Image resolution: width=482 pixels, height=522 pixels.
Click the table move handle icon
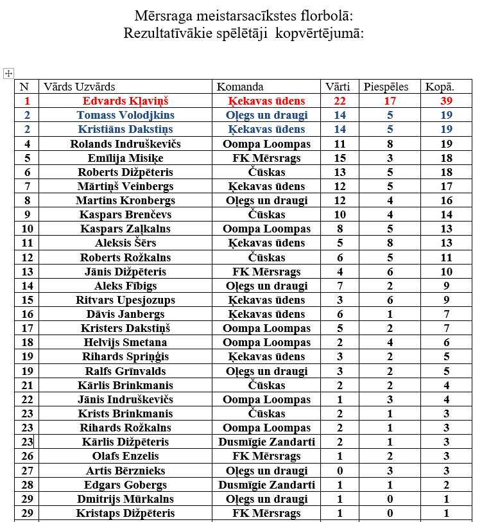pyautogui.click(x=8, y=73)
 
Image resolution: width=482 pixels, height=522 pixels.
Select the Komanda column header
pyautogui.click(x=240, y=87)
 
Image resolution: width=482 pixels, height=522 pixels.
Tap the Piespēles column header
pyautogui.click(x=386, y=87)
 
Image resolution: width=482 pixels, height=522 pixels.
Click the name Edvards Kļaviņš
pyautogui.click(x=125, y=101)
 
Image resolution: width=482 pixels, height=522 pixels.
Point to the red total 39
pyautogui.click(x=446, y=101)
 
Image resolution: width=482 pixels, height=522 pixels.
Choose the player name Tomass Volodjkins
pyautogui.click(x=125, y=115)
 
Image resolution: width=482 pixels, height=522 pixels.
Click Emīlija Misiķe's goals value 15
pyautogui.click(x=340, y=158)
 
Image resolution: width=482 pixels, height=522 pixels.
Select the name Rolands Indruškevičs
pyautogui.click(x=125, y=144)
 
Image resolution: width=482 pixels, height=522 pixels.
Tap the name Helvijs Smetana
pyautogui.click(x=125, y=342)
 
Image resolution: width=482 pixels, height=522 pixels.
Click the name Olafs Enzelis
pyautogui.click(x=125, y=456)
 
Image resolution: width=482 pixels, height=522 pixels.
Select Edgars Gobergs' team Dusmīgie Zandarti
pyautogui.click(x=266, y=485)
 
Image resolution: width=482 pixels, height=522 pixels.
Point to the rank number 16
pyautogui.click(x=27, y=314)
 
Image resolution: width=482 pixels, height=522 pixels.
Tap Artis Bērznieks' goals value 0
pyautogui.click(x=340, y=471)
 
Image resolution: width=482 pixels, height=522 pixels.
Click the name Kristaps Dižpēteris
pyautogui.click(x=125, y=513)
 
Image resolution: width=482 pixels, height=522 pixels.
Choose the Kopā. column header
pyautogui.click(x=440, y=87)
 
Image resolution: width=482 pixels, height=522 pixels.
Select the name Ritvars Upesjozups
pyautogui.click(x=125, y=300)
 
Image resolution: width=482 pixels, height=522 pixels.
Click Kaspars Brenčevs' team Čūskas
pyautogui.click(x=266, y=214)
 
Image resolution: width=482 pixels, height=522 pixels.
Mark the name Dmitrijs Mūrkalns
pyautogui.click(x=125, y=499)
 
